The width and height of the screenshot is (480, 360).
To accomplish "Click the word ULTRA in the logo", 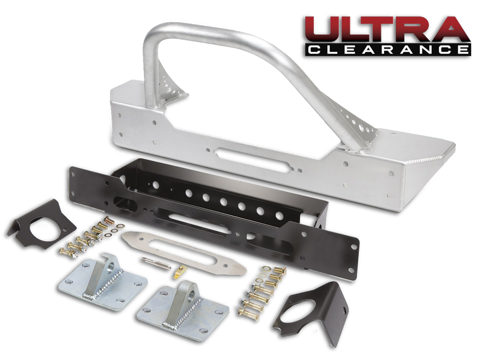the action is pyautogui.click(x=387, y=30).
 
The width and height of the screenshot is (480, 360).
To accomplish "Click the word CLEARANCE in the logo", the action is pyautogui.click(x=388, y=50).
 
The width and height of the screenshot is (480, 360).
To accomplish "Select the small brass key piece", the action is pyautogui.click(x=180, y=272).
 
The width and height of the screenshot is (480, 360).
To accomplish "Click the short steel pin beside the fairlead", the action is pyautogui.click(x=156, y=263).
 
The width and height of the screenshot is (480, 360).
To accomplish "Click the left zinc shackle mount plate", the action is pyautogui.click(x=102, y=285).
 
